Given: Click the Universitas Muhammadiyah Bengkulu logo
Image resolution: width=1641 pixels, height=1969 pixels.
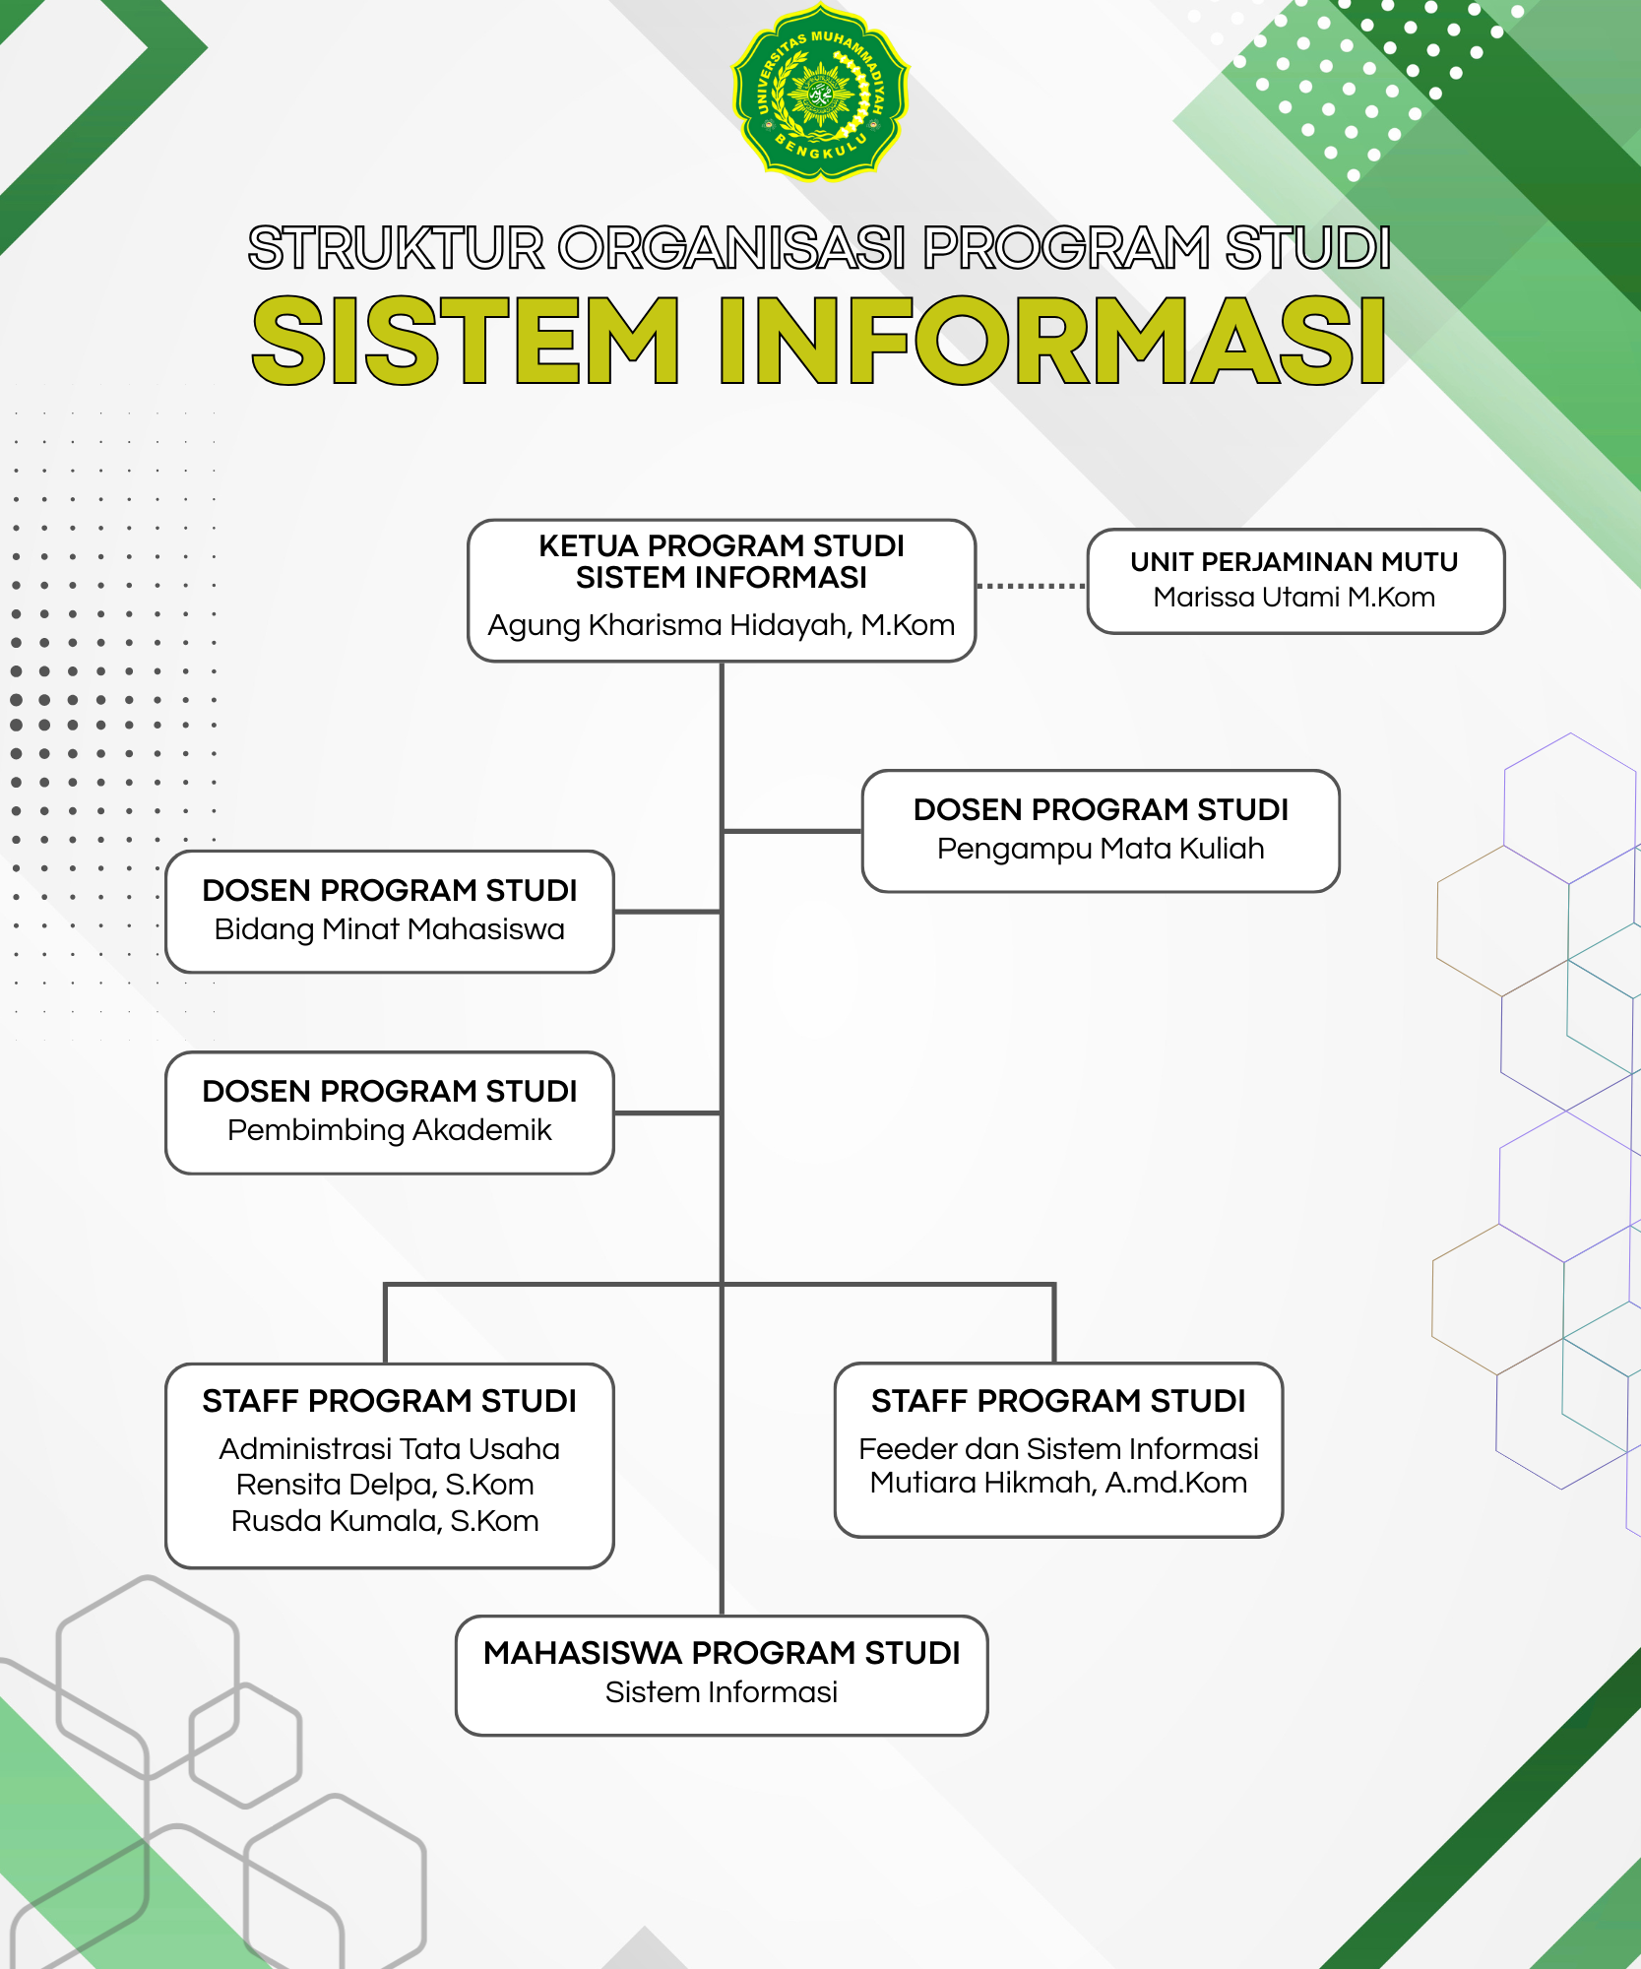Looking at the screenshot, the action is [820, 93].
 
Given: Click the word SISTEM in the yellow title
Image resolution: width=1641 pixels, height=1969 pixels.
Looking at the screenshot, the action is [466, 341].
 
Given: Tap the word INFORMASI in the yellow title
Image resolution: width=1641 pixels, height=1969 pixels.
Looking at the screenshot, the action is [1053, 341].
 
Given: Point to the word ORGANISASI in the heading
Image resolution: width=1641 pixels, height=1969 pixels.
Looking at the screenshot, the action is [733, 247].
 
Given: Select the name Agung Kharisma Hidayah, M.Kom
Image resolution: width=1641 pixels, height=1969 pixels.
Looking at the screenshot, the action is [722, 625].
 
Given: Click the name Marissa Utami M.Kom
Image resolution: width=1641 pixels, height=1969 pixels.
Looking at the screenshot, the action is [1294, 597].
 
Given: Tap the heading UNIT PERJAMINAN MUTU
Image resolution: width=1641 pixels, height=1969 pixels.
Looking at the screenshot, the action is [1294, 561].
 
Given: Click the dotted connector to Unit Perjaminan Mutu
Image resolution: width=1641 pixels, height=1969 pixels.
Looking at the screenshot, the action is [1032, 586].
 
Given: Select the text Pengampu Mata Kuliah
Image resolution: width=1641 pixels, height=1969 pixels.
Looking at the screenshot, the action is [1101, 849].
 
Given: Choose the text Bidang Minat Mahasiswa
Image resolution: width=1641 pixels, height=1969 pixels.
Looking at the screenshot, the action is [390, 929].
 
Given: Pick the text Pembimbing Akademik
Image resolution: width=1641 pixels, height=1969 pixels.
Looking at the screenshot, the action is [390, 1130].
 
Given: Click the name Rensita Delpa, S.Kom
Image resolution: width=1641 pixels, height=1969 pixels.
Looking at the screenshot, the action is [385, 1485].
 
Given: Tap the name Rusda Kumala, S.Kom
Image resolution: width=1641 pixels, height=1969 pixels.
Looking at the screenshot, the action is [385, 1521].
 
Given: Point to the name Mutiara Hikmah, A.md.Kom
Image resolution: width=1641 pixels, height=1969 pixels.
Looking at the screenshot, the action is [1059, 1483].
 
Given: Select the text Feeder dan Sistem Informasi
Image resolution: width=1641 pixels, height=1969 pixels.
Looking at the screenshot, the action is [1059, 1449].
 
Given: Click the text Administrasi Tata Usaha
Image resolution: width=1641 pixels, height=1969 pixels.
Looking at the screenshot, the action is [390, 1449].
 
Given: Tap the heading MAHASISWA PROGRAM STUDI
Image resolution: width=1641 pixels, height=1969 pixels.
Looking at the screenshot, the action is [722, 1653].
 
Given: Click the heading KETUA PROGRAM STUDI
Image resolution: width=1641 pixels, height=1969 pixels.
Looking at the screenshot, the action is [722, 545].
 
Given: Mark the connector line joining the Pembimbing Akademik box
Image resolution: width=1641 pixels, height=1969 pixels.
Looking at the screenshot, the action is [668, 1113].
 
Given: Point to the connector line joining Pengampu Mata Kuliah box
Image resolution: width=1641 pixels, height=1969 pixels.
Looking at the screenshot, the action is [792, 831].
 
